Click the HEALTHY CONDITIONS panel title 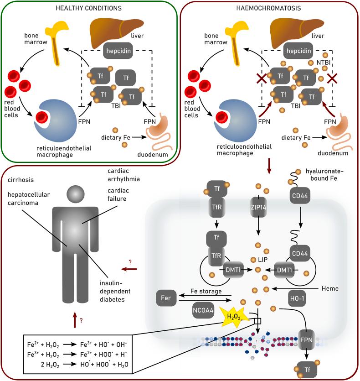(87, 9)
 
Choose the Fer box (166, 298)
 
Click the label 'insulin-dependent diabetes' (114, 291)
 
